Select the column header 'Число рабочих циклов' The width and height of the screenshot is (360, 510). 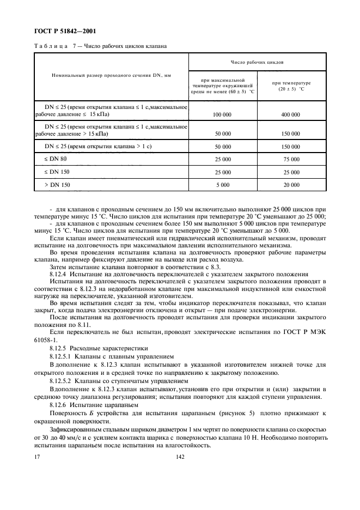coord(257,63)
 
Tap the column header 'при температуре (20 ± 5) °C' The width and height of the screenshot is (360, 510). coord(291,86)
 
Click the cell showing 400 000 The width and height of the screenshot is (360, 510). coord(291,116)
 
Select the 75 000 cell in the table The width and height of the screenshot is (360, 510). coord(291,159)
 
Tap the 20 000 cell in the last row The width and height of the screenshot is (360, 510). coord(291,185)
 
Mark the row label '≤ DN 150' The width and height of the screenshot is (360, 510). coord(58,172)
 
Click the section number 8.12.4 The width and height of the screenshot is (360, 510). coord(58,273)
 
